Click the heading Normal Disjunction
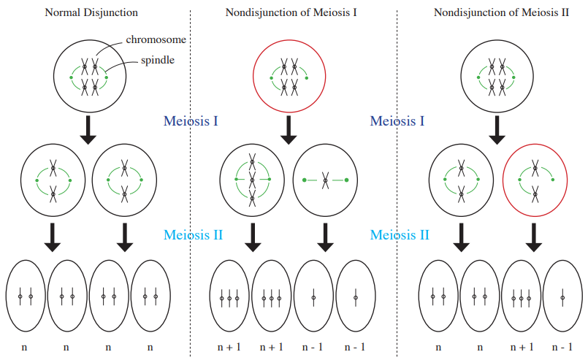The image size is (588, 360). click(x=91, y=12)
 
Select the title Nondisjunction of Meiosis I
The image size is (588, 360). click(x=291, y=12)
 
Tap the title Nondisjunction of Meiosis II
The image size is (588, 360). click(x=501, y=12)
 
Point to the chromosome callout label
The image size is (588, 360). click(x=156, y=39)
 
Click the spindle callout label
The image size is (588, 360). click(x=158, y=60)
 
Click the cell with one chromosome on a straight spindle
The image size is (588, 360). click(x=325, y=180)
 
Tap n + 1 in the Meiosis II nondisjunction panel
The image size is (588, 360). click(x=522, y=348)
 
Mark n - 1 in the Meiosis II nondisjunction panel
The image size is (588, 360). click(x=562, y=348)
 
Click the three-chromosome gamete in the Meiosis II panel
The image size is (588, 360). click(x=522, y=296)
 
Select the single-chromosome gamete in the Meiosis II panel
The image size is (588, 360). click(x=562, y=296)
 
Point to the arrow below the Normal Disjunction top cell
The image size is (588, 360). click(x=89, y=130)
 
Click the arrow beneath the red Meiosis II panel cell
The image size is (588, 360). click(x=534, y=237)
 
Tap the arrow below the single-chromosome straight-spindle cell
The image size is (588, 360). click(x=326, y=237)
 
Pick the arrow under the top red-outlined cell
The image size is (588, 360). click(x=289, y=130)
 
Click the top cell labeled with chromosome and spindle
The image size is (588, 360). click(x=90, y=76)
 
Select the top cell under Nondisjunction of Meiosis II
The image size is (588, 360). click(x=497, y=76)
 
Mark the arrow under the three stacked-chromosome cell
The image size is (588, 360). click(x=253, y=237)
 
